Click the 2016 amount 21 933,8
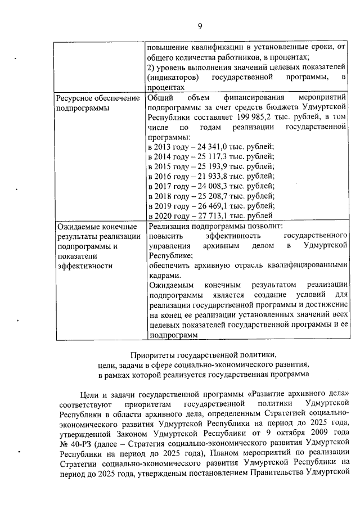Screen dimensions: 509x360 click(x=207, y=176)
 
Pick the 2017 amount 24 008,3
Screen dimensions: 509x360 click(x=207, y=186)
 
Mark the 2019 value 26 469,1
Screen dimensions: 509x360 click(x=207, y=206)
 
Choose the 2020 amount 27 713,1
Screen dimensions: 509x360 click(x=207, y=216)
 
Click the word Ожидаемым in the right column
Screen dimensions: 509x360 click(x=169, y=285)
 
